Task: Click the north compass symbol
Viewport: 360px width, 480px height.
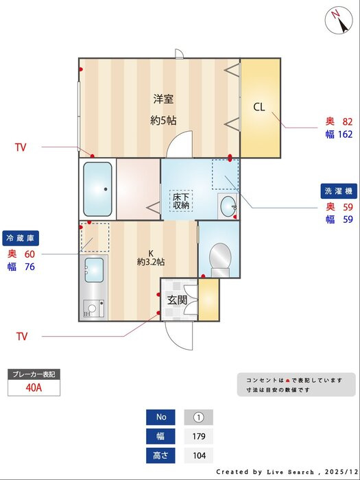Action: (x=339, y=20)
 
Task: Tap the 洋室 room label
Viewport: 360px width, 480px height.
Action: (x=163, y=99)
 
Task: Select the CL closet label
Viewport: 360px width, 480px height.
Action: (x=259, y=107)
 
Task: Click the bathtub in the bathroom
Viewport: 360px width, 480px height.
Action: (x=97, y=189)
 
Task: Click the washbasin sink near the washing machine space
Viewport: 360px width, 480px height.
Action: (x=228, y=204)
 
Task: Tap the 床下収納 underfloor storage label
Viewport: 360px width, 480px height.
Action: (x=181, y=201)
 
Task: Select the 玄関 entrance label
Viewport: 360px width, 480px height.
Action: (x=177, y=300)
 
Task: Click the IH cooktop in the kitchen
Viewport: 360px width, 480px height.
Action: (x=94, y=309)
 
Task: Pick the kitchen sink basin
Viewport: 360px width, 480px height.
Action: (x=94, y=269)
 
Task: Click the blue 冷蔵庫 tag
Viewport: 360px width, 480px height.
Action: (x=21, y=238)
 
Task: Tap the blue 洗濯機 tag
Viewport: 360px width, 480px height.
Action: (x=339, y=191)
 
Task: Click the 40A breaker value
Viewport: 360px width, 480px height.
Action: (x=34, y=388)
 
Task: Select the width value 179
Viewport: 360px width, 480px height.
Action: (x=199, y=436)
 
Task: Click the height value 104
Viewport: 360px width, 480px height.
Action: (x=199, y=455)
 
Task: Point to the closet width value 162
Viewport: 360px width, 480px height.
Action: (x=346, y=134)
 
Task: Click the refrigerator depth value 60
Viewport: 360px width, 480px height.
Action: (x=29, y=254)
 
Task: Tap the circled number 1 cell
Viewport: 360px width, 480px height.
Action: (x=199, y=417)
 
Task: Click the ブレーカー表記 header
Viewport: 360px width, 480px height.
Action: (x=34, y=374)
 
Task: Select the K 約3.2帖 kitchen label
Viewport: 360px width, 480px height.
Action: (x=151, y=258)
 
